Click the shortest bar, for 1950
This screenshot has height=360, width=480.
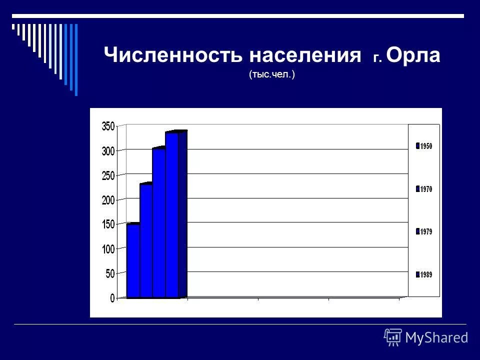(133, 260)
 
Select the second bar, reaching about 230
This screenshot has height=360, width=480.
(146, 240)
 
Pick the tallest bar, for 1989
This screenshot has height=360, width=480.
(172, 214)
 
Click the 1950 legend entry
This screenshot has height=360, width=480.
(424, 146)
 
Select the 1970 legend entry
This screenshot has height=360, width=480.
(424, 189)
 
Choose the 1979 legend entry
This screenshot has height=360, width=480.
(424, 231)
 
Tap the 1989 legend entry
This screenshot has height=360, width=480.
(424, 274)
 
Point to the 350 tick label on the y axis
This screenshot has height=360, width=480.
(108, 126)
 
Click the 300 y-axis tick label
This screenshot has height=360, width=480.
(108, 151)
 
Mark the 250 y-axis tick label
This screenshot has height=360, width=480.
(108, 175)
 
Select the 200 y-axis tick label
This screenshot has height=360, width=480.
(108, 200)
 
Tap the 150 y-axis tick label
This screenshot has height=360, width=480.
(108, 224)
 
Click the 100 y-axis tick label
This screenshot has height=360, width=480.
(108, 249)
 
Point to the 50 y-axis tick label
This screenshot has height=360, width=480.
(110, 273)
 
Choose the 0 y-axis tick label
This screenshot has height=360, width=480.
(112, 298)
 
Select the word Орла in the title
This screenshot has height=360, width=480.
(413, 55)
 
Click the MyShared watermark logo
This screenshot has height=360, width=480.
(426, 337)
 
